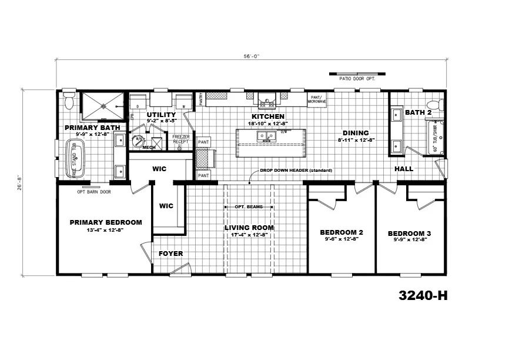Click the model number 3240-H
[x=423, y=295]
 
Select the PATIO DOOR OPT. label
[x=357, y=78]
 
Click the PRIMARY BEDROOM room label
[x=105, y=222]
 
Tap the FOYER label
[x=171, y=254]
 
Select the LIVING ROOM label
[x=249, y=228]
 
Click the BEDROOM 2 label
[x=341, y=232]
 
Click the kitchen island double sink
[x=266, y=136]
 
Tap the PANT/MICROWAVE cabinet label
[x=317, y=100]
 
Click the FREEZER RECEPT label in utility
[x=180, y=139]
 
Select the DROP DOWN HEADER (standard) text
[x=297, y=170]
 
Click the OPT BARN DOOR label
[x=94, y=191]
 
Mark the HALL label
[x=404, y=169]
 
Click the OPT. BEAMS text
[x=249, y=207]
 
